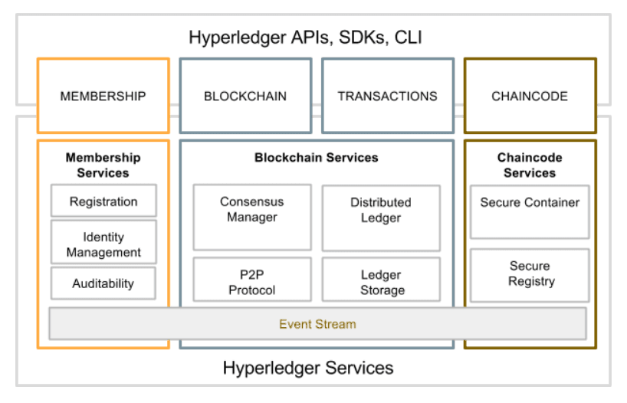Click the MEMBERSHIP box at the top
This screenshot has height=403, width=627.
pyautogui.click(x=103, y=97)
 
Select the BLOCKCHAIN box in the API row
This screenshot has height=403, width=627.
pyautogui.click(x=245, y=97)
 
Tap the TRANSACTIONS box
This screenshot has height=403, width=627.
pyautogui.click(x=387, y=97)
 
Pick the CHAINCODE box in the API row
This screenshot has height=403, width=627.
pyautogui.click(x=530, y=97)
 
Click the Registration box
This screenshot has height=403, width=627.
pyautogui.click(x=103, y=202)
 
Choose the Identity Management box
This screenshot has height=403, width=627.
pyautogui.click(x=103, y=244)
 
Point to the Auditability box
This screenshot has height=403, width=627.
pyautogui.click(x=103, y=283)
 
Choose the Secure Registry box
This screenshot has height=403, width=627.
pyautogui.click(x=530, y=274)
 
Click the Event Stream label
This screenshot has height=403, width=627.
pyautogui.click(x=317, y=324)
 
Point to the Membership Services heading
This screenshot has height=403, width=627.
pyautogui.click(x=103, y=165)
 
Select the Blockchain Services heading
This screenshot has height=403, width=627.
pyautogui.click(x=317, y=158)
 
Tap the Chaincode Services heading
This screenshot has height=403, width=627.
pyautogui.click(x=530, y=165)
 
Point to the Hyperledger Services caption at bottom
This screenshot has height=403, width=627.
pyautogui.click(x=308, y=368)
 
